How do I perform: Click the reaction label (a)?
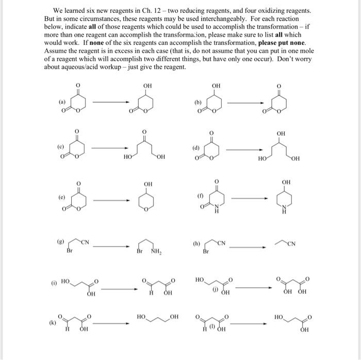[62, 102]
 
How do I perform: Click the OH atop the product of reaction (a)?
[147, 85]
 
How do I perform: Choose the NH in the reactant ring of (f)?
[216, 210]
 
